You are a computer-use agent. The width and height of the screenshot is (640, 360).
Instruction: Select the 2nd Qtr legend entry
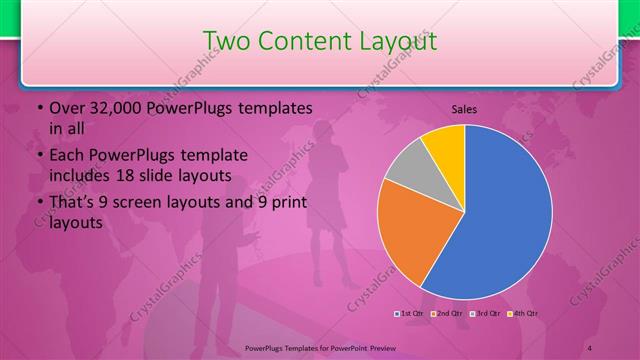tap(449, 314)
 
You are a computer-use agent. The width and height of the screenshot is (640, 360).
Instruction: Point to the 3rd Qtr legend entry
tap(486, 314)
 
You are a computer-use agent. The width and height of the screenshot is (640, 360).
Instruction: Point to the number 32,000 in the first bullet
tap(109, 107)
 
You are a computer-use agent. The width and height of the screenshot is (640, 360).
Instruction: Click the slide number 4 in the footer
tap(591, 346)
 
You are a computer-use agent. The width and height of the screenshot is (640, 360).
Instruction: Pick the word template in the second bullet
tap(211, 156)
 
